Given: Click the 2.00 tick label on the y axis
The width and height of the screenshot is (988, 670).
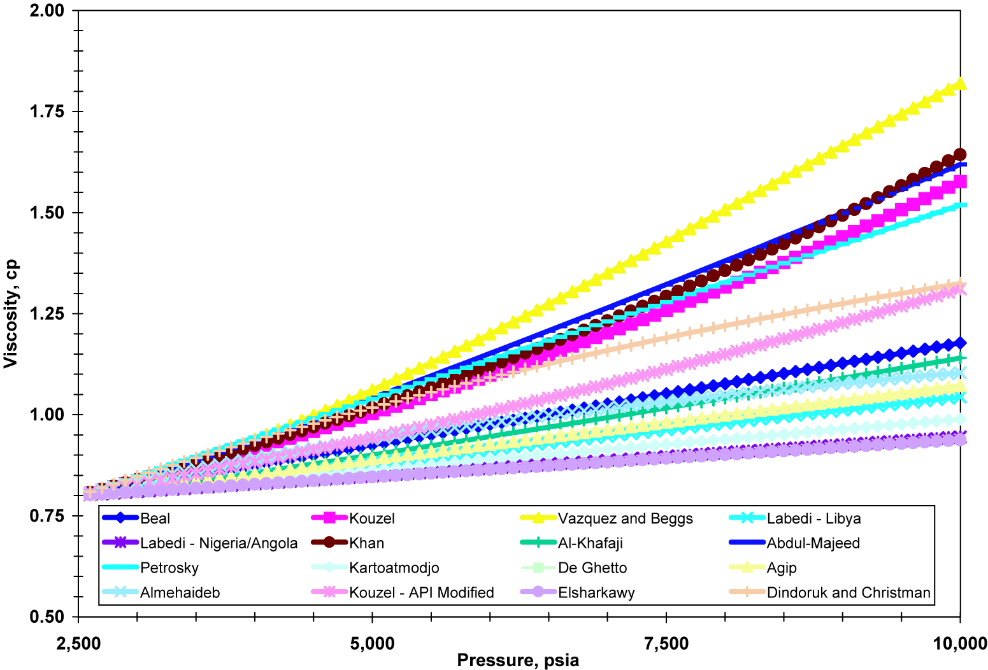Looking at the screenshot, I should coord(47,11).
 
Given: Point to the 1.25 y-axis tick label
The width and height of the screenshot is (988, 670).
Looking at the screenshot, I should coord(47,314).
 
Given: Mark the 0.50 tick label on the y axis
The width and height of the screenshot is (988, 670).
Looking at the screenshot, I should coord(47,617).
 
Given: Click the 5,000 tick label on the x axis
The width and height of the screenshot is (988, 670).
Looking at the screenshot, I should coord(373,643).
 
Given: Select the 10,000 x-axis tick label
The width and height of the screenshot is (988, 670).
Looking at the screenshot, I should coord(959,643).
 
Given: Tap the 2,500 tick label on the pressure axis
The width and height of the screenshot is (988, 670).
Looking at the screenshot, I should coord(79,643).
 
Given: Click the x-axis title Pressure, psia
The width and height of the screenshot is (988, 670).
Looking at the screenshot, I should coord(518,660).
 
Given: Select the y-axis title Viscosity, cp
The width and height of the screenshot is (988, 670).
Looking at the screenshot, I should coord(11,313).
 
